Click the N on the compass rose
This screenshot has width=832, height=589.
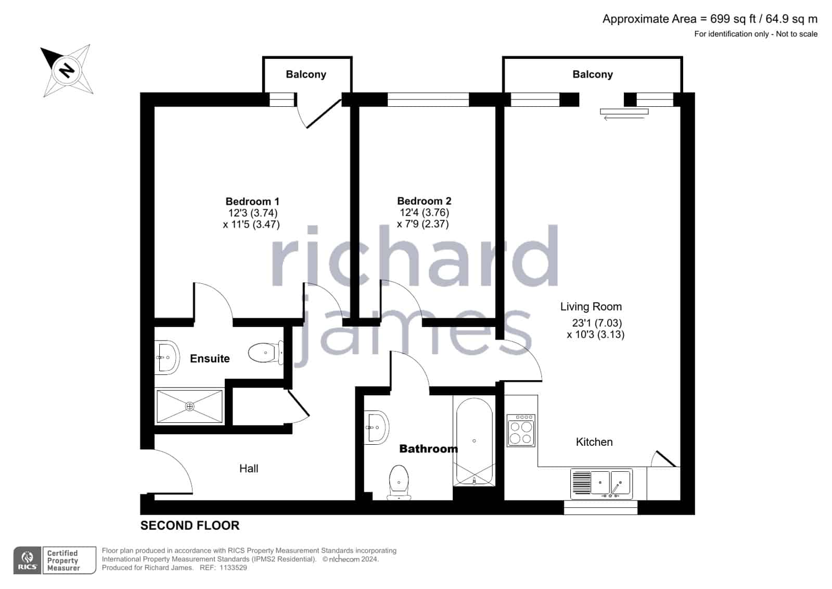(x=67, y=70)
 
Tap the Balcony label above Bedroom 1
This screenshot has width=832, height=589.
(x=306, y=74)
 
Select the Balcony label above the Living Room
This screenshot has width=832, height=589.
(x=593, y=74)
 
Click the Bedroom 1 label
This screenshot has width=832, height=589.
(x=252, y=202)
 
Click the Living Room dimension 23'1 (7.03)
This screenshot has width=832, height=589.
(x=597, y=323)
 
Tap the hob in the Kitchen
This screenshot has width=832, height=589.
(x=521, y=431)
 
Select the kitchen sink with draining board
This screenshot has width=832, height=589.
(x=601, y=484)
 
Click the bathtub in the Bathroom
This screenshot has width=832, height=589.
(x=474, y=442)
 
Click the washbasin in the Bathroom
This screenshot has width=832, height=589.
(x=376, y=428)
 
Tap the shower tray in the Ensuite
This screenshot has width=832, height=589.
(x=189, y=406)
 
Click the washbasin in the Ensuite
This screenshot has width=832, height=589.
(x=167, y=357)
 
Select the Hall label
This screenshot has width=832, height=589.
(x=249, y=469)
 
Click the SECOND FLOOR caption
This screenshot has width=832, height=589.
(x=190, y=525)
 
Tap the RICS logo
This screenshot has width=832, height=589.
(x=28, y=560)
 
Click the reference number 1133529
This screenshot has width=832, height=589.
(x=233, y=568)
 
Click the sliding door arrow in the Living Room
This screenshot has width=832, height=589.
(x=624, y=118)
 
